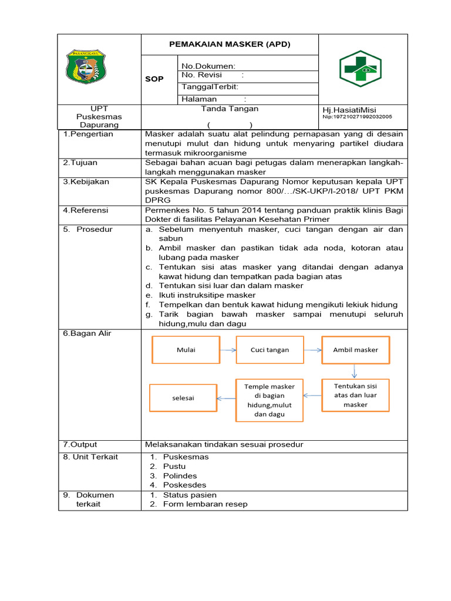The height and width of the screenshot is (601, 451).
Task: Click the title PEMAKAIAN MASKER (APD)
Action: click(x=230, y=44)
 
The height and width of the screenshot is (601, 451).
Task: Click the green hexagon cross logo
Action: click(x=361, y=69)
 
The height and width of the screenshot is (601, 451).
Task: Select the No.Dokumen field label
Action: click(x=208, y=66)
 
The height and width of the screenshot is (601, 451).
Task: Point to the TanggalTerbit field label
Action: click(x=210, y=87)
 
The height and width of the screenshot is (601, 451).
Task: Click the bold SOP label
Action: click(x=154, y=79)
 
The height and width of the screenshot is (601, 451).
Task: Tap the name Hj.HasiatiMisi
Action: click(x=349, y=110)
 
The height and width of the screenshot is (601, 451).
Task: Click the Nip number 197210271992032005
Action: click(x=358, y=117)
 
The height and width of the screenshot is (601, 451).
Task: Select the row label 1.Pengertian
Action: click(x=88, y=134)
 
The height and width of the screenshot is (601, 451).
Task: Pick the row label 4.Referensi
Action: click(x=87, y=210)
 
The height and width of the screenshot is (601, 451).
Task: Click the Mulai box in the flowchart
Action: click(x=186, y=350)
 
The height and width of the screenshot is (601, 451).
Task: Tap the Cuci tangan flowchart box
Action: click(x=270, y=350)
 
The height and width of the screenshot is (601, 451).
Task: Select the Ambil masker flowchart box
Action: click(x=355, y=350)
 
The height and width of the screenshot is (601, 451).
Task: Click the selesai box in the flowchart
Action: click(x=183, y=398)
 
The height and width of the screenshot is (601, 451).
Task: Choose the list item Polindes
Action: click(x=180, y=475)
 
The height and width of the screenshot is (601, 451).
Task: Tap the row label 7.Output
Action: click(x=80, y=444)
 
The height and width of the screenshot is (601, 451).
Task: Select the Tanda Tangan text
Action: click(x=230, y=109)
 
